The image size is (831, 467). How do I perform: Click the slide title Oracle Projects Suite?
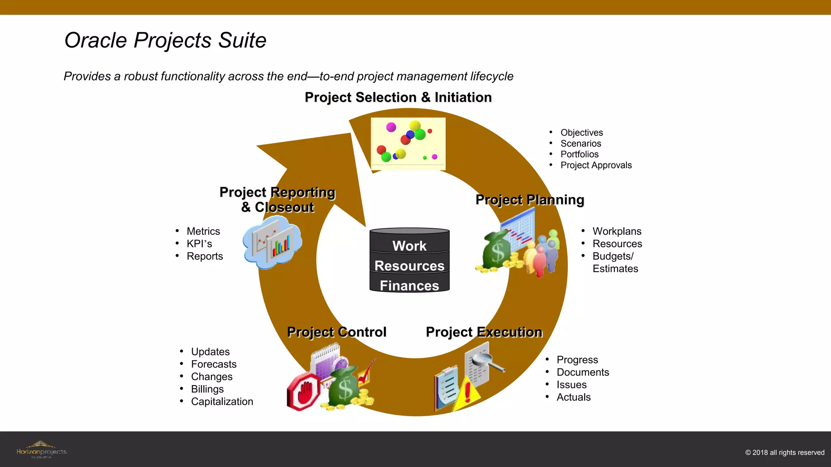pos(165,41)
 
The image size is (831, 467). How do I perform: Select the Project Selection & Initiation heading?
pos(398,98)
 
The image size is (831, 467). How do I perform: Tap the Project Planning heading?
pos(530,200)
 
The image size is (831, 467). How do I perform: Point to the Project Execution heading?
pos(484,332)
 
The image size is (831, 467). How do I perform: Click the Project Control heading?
pos(336,332)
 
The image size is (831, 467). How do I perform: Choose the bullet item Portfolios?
pos(579,154)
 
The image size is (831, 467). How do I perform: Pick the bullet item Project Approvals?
pos(596,165)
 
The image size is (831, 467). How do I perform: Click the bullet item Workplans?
pos(617,231)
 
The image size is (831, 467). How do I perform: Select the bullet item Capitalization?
pos(222,402)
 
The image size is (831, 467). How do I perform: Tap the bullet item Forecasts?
pos(213,364)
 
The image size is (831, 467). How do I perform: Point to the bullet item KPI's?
pos(199,244)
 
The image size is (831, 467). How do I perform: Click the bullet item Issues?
pos(571,385)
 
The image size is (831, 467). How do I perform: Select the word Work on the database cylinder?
pos(409,246)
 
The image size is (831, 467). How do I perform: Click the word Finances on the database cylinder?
pos(409,286)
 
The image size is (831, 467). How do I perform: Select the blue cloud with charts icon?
pos(272,242)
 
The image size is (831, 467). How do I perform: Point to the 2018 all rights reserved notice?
pos(784,453)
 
